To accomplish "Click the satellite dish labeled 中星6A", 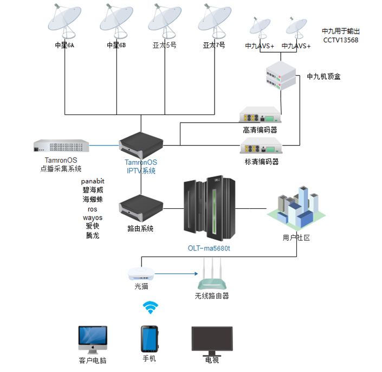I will tap(64, 20).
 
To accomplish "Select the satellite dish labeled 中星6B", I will tap(116, 20).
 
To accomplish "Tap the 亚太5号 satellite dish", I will tap(164, 20).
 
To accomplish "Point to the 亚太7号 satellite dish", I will tap(213, 20).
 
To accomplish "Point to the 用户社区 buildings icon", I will tap(297, 209).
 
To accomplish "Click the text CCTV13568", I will tap(341, 40).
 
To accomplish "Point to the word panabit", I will tap(92, 181).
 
